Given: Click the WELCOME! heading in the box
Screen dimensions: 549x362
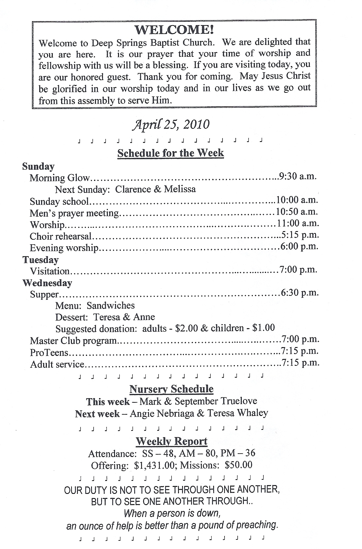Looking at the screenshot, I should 174,30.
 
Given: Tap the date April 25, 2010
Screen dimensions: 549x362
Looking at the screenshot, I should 171,125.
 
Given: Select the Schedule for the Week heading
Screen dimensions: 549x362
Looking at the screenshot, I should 171,153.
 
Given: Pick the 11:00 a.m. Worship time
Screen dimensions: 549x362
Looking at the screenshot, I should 298,223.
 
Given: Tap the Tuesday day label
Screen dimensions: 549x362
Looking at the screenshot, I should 41,260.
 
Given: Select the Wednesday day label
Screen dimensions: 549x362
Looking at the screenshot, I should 47,283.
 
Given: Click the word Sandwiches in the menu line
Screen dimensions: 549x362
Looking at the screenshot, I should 111,305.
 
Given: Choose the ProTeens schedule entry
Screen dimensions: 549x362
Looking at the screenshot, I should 49,353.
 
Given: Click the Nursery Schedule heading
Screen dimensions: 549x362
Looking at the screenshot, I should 171,389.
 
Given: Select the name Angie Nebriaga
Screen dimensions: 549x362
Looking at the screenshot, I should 162,413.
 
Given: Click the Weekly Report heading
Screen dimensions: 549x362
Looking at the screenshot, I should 171,441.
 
